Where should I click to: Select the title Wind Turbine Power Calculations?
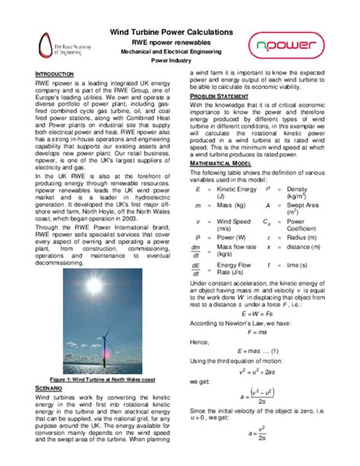click(181, 32)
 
